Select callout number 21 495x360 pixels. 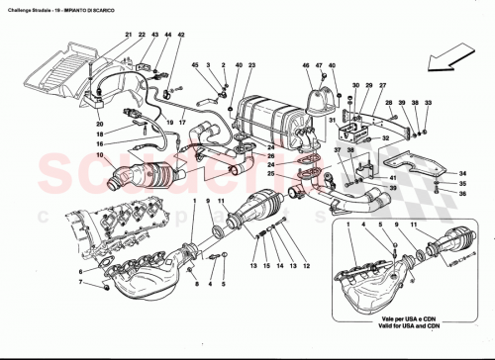click(128, 36)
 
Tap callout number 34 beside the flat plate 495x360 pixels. click(462, 174)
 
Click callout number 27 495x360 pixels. click(368, 86)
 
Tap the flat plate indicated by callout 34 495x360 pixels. click(415, 163)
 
